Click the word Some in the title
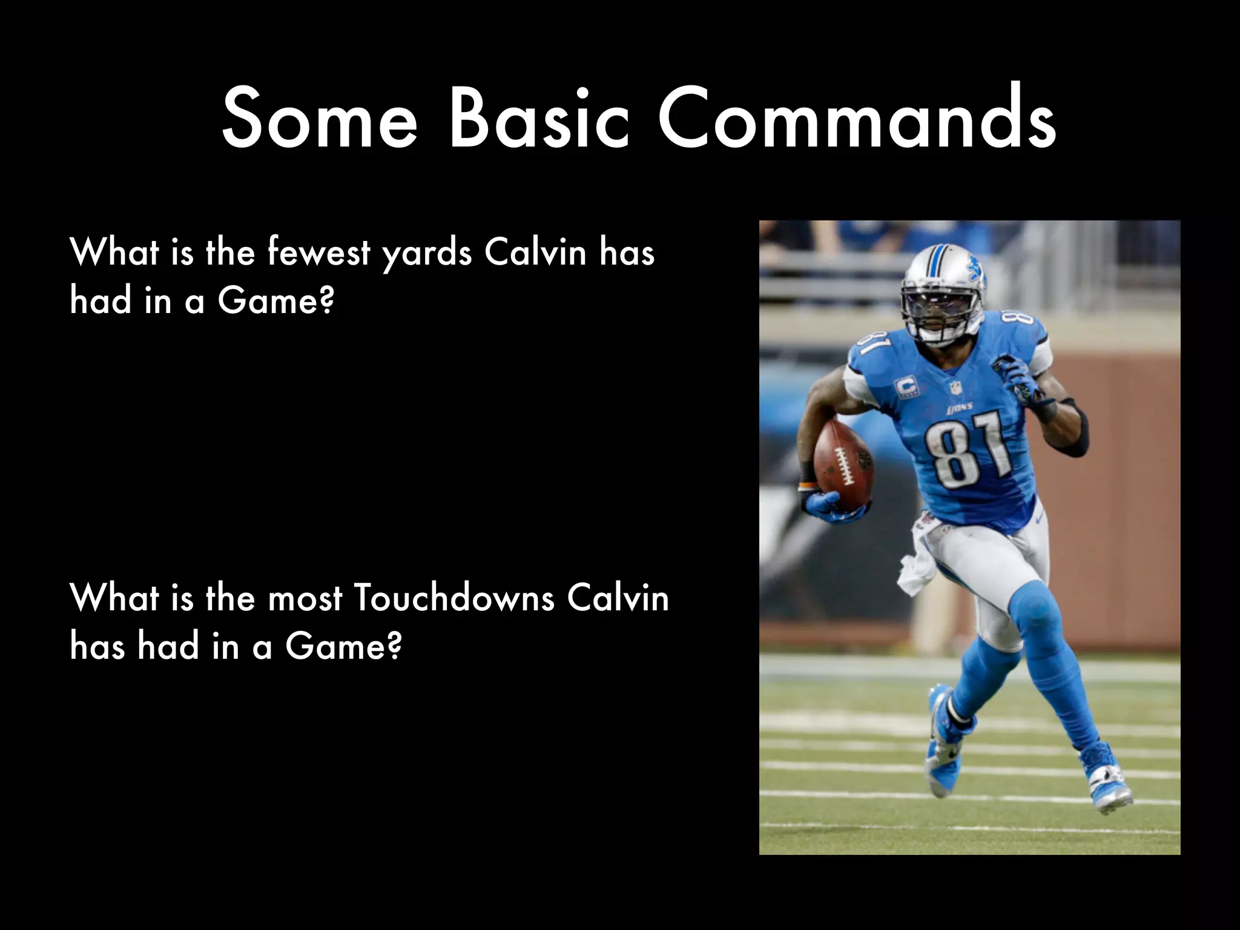tap(320, 119)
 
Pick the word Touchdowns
tap(453, 598)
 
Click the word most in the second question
tap(305, 599)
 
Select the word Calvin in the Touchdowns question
tap(618, 598)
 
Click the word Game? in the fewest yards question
tap(275, 300)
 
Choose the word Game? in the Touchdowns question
tap(343, 647)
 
